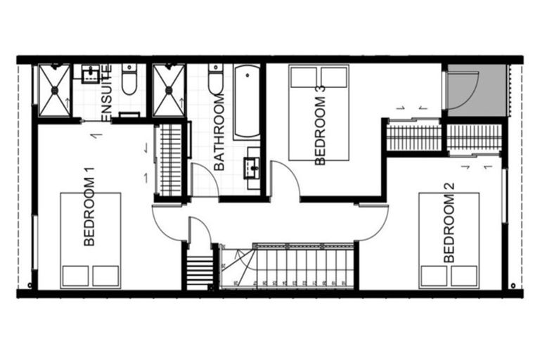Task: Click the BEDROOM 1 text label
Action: point(89,210)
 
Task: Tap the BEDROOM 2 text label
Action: point(449,223)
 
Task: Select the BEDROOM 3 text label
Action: point(321,125)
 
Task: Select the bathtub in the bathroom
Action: point(246,103)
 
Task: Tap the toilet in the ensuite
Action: point(129,81)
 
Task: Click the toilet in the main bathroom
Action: point(215,80)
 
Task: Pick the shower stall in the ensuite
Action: point(54,90)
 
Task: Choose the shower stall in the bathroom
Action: point(168,90)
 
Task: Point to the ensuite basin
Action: point(90,73)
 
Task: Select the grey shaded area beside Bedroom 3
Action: point(475,90)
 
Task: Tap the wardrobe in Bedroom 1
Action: point(171,160)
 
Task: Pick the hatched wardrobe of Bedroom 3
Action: point(414,137)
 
